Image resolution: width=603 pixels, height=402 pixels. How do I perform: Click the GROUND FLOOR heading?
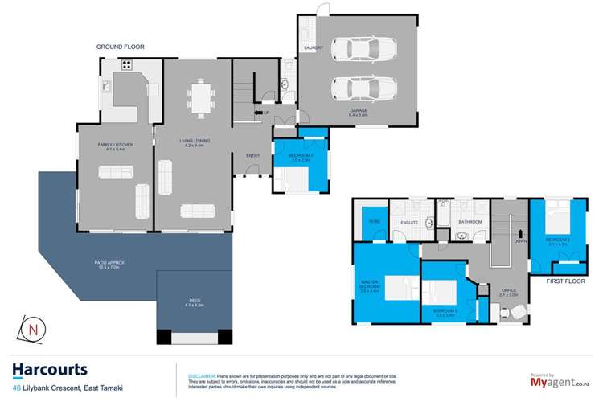pyautogui.click(x=121, y=47)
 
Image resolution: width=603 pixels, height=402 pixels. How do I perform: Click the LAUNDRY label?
pyautogui.click(x=314, y=48)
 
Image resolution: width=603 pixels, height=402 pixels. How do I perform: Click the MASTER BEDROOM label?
pyautogui.click(x=370, y=285)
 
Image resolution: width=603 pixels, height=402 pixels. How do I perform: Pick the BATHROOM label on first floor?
pyautogui.click(x=470, y=221)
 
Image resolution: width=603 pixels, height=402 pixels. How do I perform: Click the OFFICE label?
pyautogui.click(x=509, y=290)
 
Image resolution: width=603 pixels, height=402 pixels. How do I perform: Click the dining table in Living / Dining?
pyautogui.click(x=201, y=97)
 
